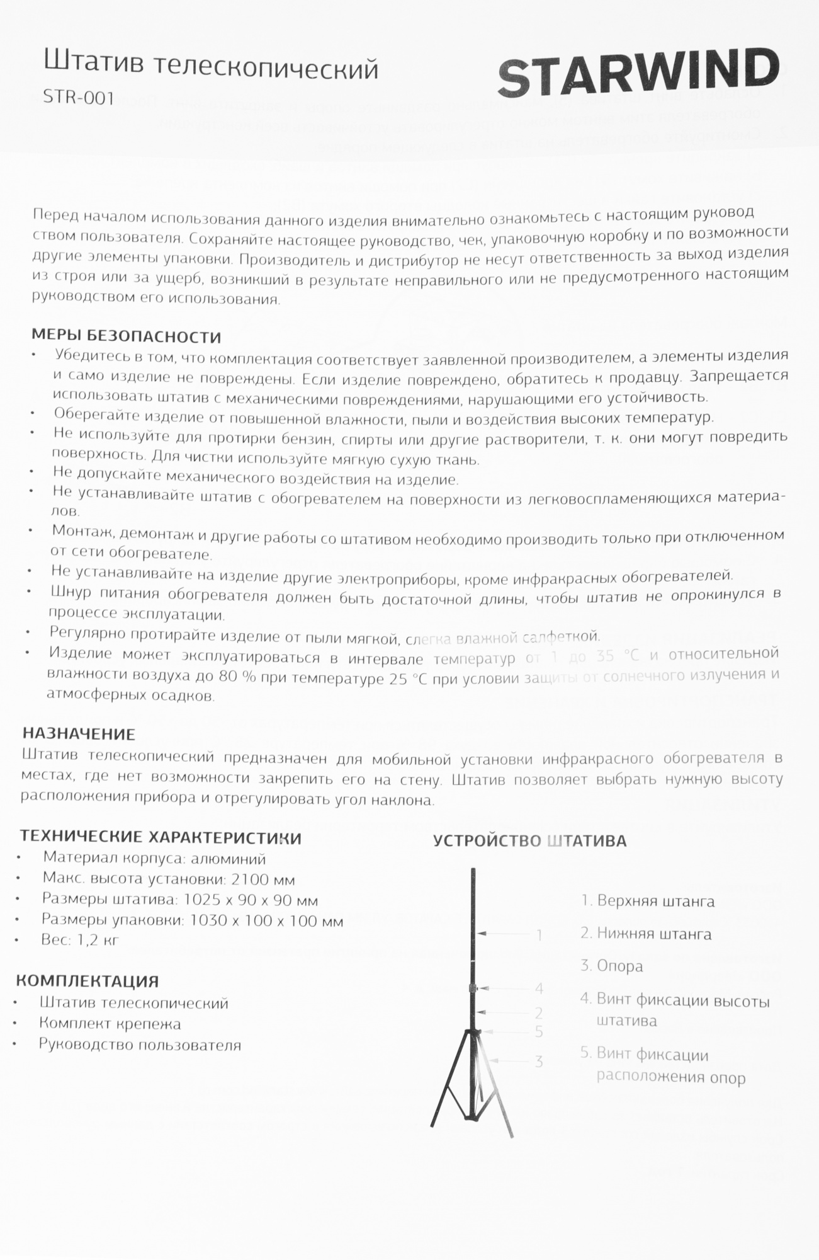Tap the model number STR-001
79,98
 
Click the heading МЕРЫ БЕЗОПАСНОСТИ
127,336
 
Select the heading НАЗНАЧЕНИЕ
79,733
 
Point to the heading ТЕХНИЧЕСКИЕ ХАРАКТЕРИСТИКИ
161,838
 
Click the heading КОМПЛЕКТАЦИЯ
88,981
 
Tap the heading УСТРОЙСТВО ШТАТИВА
529,841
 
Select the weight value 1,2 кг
98,940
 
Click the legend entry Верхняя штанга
655,901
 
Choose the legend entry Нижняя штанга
653,934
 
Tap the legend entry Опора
619,966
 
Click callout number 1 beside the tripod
539,935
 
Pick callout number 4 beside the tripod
539,988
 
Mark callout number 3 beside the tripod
539,1062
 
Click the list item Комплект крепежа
110,1024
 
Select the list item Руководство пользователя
140,1045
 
